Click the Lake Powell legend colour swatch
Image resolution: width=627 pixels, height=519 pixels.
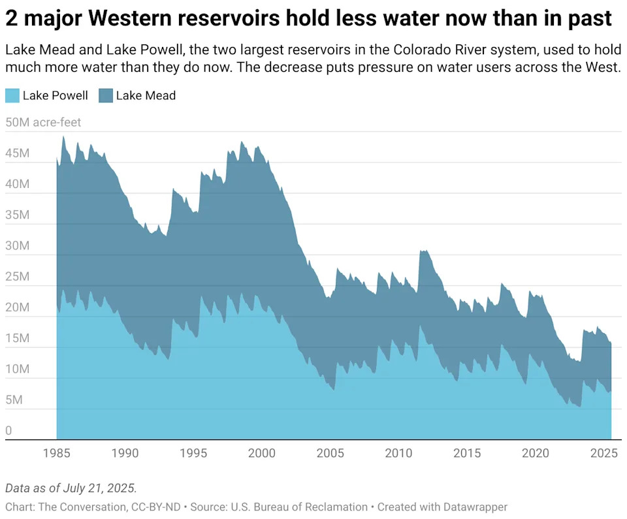click(x=12, y=95)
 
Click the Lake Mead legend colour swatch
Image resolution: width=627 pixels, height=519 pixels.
click(x=106, y=95)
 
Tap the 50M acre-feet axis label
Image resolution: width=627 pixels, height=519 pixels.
click(x=43, y=122)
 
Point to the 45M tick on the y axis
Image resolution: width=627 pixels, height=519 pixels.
click(x=17, y=153)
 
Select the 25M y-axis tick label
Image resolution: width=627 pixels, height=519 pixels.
click(x=17, y=276)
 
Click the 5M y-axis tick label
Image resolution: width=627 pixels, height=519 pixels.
click(x=14, y=400)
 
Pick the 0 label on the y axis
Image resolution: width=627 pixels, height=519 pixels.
click(x=8, y=430)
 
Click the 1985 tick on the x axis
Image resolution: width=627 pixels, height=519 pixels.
click(x=57, y=453)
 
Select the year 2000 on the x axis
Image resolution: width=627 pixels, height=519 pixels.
click(x=262, y=453)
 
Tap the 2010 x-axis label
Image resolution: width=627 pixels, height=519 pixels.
click(x=398, y=453)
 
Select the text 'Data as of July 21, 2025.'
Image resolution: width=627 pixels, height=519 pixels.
click(x=70, y=488)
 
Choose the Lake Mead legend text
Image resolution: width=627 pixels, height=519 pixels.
click(x=146, y=95)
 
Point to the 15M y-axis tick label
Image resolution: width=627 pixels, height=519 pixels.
click(x=17, y=338)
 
